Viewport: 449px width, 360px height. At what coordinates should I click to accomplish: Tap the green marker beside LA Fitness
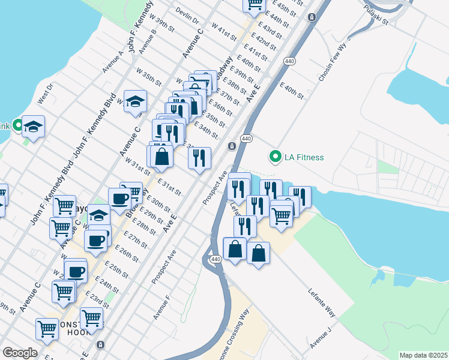[276, 157]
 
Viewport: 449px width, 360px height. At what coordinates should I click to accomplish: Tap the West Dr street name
[46, 92]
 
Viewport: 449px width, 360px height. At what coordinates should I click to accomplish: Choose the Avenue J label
[321, 338]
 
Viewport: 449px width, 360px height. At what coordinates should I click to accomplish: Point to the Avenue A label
[112, 61]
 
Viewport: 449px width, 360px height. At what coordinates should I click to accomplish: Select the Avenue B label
[148, 41]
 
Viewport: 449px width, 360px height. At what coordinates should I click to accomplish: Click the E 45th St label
[285, 8]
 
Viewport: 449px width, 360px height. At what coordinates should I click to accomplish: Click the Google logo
[20, 353]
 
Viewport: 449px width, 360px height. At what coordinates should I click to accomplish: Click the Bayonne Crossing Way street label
[235, 336]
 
